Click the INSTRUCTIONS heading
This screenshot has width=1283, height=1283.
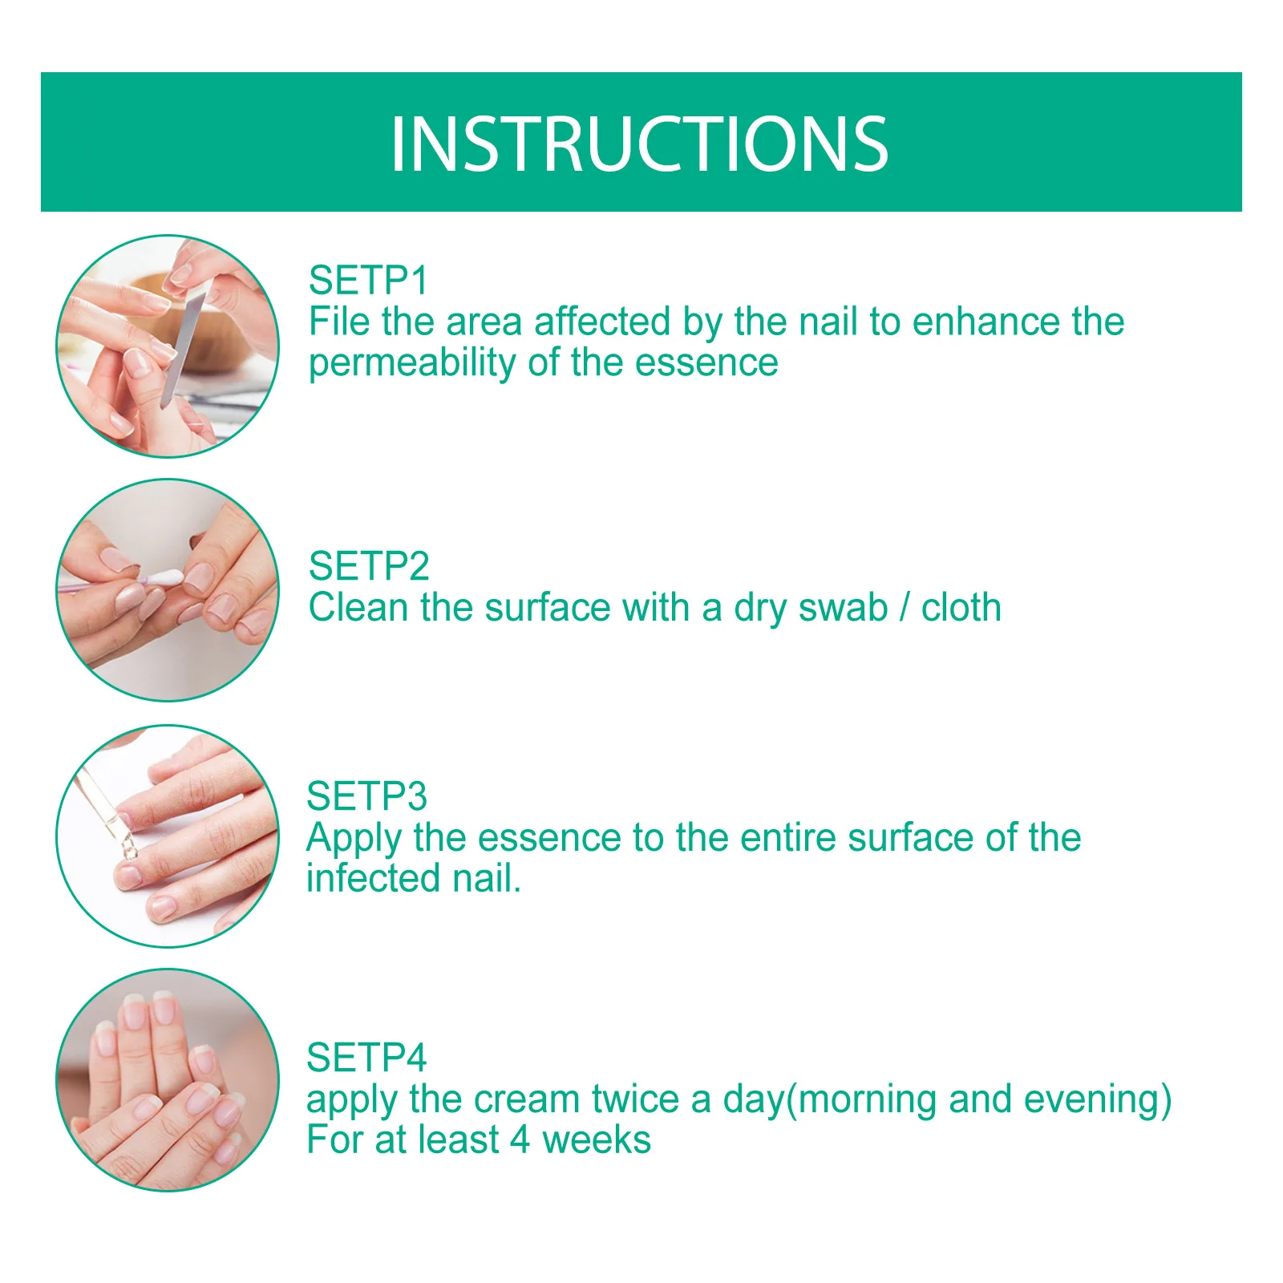tap(639, 144)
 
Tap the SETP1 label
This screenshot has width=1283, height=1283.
tap(368, 281)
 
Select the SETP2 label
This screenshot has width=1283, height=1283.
tap(369, 566)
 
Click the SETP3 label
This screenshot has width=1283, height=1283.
tap(366, 796)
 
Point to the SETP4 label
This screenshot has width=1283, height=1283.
tap(366, 1058)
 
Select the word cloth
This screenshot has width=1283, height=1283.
tap(961, 607)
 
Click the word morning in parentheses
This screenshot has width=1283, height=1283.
tap(868, 1099)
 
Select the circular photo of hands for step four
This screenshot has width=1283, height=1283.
tap(168, 1079)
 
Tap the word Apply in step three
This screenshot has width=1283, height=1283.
tap(354, 839)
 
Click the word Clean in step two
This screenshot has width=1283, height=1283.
tap(358, 607)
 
